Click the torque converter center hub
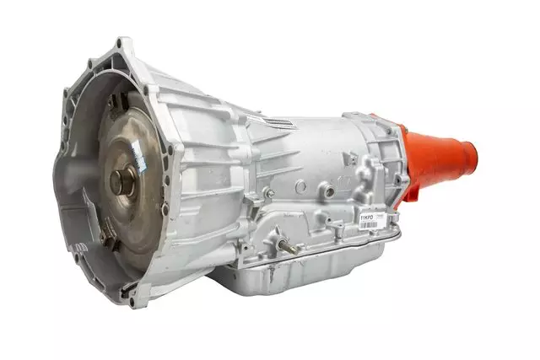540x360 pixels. click(x=121, y=180)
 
